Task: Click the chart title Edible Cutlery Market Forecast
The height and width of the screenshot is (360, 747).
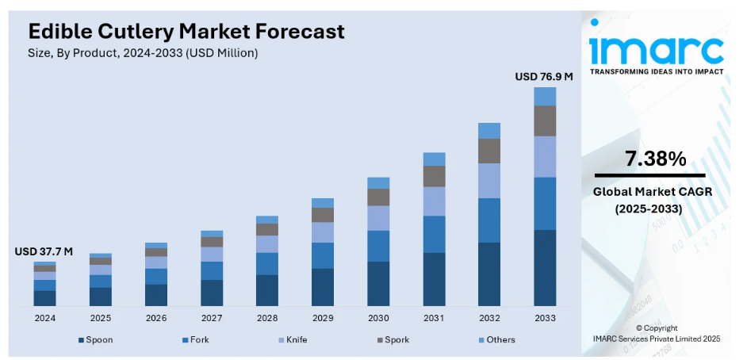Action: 186,31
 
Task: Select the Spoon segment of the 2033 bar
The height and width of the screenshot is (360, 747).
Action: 545,267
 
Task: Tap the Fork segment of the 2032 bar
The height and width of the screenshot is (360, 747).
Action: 489,220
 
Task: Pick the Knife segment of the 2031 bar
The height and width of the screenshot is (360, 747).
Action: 434,201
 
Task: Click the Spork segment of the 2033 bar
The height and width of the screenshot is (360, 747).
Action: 545,121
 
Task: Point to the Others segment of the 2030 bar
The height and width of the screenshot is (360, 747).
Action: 378,182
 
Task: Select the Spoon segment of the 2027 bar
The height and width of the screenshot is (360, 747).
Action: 212,293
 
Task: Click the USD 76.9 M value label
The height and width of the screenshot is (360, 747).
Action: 544,77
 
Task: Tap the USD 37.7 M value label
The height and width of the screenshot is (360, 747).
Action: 44,251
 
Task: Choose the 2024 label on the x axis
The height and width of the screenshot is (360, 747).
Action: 44,318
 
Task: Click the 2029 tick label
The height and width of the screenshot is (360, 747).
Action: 323,318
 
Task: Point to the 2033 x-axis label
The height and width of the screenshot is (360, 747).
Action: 545,318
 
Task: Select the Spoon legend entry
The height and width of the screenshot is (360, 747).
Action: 96,340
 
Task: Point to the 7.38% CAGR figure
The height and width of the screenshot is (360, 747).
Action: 655,159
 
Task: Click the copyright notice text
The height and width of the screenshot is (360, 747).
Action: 657,333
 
